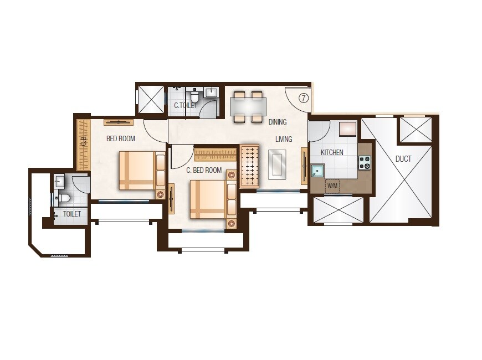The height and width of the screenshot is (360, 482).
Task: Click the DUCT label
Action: [x=403, y=159]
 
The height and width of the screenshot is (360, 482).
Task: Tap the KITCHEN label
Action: [x=332, y=152]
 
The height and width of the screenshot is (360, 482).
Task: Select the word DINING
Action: [x=278, y=122]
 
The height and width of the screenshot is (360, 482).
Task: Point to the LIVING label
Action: [x=284, y=139]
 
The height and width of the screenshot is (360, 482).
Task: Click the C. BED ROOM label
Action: [x=204, y=170]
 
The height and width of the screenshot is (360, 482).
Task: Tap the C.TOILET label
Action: [x=185, y=105]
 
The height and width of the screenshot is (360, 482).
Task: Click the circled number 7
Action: [x=304, y=98]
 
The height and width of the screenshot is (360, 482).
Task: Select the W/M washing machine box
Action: [x=332, y=186]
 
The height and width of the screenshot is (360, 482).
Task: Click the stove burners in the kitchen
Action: [x=365, y=162]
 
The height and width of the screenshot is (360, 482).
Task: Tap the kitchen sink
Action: [x=317, y=170]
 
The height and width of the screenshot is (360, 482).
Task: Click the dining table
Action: [x=248, y=106]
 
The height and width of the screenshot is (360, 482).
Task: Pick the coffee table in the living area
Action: [x=277, y=164]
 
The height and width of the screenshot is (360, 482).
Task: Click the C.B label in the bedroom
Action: [x=84, y=141]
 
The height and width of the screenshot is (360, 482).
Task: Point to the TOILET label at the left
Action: [x=72, y=214]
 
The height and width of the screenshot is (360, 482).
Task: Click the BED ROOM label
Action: [x=121, y=138]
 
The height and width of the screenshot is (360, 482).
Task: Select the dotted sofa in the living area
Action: [x=249, y=166]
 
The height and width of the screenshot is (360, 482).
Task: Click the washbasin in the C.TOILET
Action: [x=211, y=92]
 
